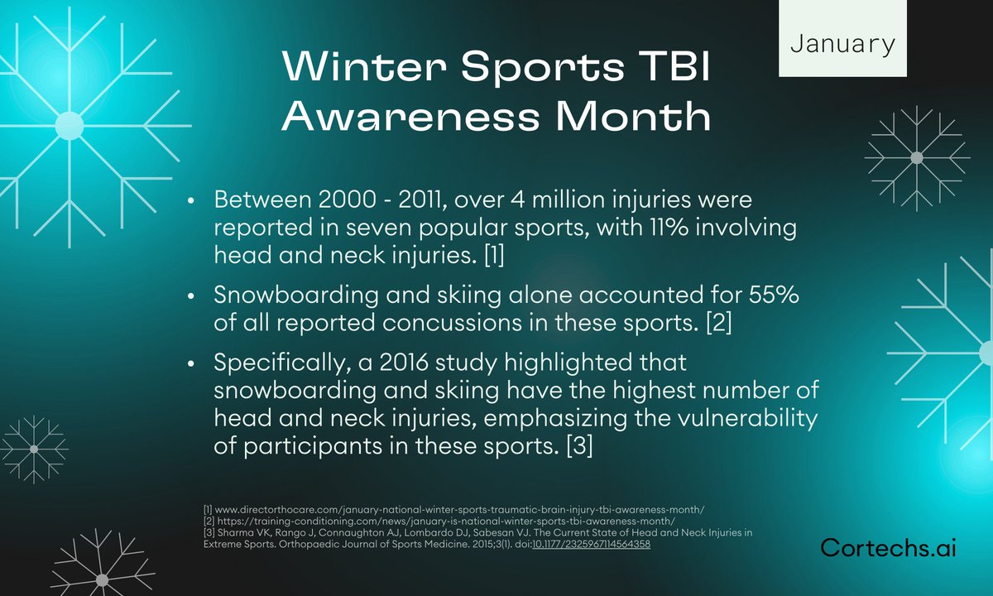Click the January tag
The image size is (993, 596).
[x=842, y=44]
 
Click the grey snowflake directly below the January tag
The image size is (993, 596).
[x=915, y=157]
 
